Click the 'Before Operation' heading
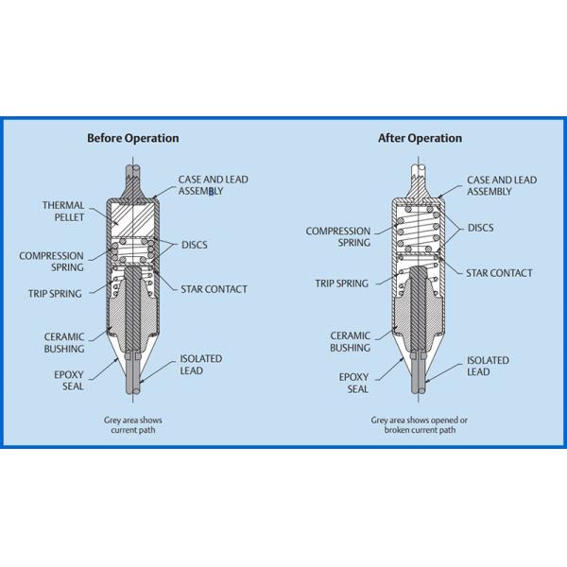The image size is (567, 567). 132,138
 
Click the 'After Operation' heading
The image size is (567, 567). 420,138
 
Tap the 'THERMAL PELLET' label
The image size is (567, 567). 63,211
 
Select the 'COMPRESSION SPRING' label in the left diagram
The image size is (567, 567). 51,262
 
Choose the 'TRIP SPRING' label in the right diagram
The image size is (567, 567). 341,283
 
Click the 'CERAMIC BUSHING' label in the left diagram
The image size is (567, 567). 64,342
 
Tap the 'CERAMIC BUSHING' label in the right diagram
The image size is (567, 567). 350,341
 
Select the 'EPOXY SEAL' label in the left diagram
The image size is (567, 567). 67,380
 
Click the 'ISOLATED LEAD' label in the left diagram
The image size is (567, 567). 200,365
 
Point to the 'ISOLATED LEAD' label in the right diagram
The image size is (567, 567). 487,366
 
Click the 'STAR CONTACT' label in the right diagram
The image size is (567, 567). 499,273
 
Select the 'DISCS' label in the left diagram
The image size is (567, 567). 196,245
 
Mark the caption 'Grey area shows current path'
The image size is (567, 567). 129,424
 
